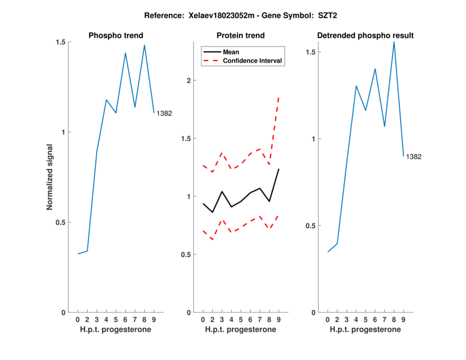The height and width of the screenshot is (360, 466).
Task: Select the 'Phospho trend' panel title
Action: pyautogui.click(x=115, y=36)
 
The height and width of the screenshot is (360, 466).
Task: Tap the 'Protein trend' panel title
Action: pyautogui.click(x=240, y=36)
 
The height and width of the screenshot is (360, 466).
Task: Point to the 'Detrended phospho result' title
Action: pyautogui.click(x=365, y=36)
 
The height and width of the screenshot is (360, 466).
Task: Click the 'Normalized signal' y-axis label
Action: pyautogui.click(x=50, y=177)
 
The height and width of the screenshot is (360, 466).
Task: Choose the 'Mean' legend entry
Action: pyautogui.click(x=231, y=52)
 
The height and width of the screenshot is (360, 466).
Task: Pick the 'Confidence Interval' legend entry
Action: pyautogui.click(x=252, y=61)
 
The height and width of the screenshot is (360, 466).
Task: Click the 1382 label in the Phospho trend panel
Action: pyautogui.click(x=164, y=114)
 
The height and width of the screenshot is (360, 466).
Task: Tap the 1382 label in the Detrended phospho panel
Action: pyautogui.click(x=414, y=157)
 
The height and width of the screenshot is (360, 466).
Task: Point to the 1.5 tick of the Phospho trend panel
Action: pyautogui.click(x=61, y=42)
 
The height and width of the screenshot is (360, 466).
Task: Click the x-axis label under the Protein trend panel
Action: pyautogui.click(x=240, y=330)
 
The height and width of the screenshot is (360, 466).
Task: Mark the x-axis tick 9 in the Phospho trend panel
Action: pyautogui.click(x=154, y=320)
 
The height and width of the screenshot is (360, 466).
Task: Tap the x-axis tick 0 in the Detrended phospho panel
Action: pyautogui.click(x=328, y=320)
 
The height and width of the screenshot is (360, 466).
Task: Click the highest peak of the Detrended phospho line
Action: pyautogui.click(x=394, y=41)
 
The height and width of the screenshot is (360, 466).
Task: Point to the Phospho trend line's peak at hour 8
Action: pyautogui.click(x=144, y=45)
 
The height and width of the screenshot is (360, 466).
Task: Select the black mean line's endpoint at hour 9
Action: pyautogui.click(x=279, y=169)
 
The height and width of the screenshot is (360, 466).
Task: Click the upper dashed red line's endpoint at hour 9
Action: pyautogui.click(x=279, y=97)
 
